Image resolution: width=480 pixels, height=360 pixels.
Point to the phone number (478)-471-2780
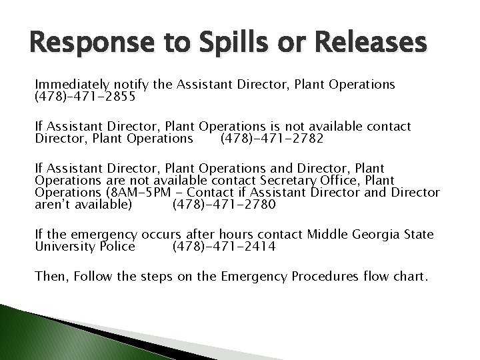click(223, 205)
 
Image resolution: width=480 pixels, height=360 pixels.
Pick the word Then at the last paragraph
click(49, 276)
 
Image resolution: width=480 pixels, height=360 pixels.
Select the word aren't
click(53, 205)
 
